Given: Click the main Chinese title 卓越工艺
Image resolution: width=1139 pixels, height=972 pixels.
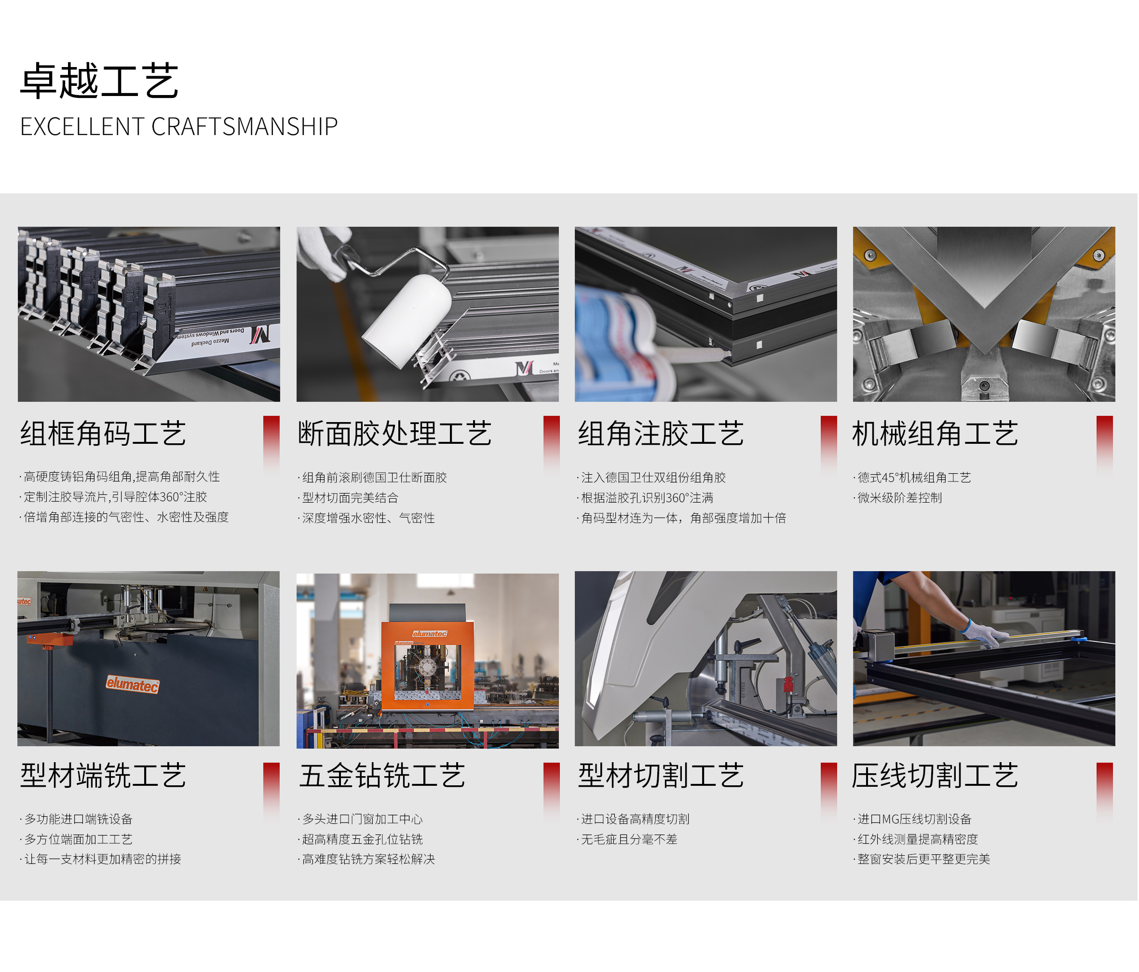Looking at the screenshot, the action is point(99,81).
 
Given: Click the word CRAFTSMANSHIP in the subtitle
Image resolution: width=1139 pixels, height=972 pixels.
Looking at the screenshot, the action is point(244,126).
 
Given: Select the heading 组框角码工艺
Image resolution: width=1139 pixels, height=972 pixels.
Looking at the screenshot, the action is point(103,433).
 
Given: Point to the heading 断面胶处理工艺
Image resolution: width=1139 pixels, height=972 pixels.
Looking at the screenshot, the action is point(394,433).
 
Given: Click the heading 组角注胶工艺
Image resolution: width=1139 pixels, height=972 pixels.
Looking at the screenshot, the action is point(661,433).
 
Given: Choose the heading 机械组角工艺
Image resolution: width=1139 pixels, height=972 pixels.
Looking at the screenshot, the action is point(935,433).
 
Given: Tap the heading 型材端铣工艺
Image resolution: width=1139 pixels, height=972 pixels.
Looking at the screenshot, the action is point(103,776).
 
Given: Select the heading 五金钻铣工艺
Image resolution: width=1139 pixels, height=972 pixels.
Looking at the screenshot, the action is point(382,776).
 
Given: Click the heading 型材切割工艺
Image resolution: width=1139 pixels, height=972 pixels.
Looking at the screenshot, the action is point(661,776).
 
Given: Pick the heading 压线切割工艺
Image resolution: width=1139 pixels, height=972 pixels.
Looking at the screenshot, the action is point(935,776).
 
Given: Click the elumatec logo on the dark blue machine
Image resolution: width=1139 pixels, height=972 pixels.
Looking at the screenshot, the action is point(133,685).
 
